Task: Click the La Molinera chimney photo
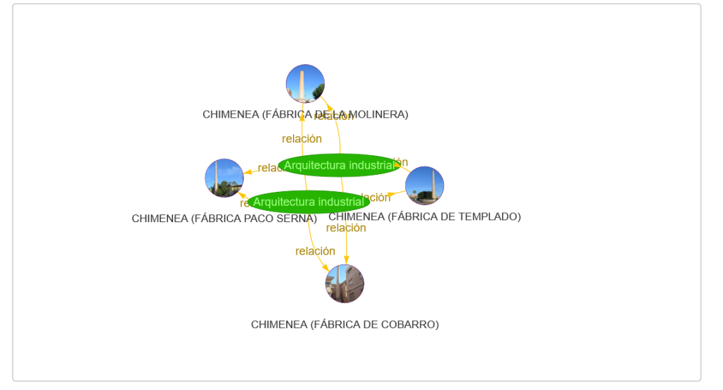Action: pyautogui.click(x=305, y=84)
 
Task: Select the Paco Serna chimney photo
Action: pyautogui.click(x=224, y=178)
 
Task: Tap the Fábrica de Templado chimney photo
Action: pyautogui.click(x=424, y=185)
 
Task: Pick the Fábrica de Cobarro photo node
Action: pyautogui.click(x=345, y=284)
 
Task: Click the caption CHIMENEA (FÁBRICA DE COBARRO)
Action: pyautogui.click(x=345, y=324)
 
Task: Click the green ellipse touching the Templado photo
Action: pyautogui.click(x=340, y=165)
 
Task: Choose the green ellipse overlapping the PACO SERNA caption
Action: pyautogui.click(x=309, y=202)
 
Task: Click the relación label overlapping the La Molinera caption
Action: pyautogui.click(x=334, y=116)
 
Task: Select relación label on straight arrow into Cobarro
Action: pyautogui.click(x=346, y=228)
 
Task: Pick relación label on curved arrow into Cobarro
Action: pyautogui.click(x=315, y=251)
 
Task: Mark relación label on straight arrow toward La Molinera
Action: pyautogui.click(x=301, y=139)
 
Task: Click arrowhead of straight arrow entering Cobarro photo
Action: pyautogui.click(x=346, y=261)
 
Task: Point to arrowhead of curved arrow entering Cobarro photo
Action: pyautogui.click(x=325, y=268)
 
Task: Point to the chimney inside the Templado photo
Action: pyautogui.click(x=433, y=185)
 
